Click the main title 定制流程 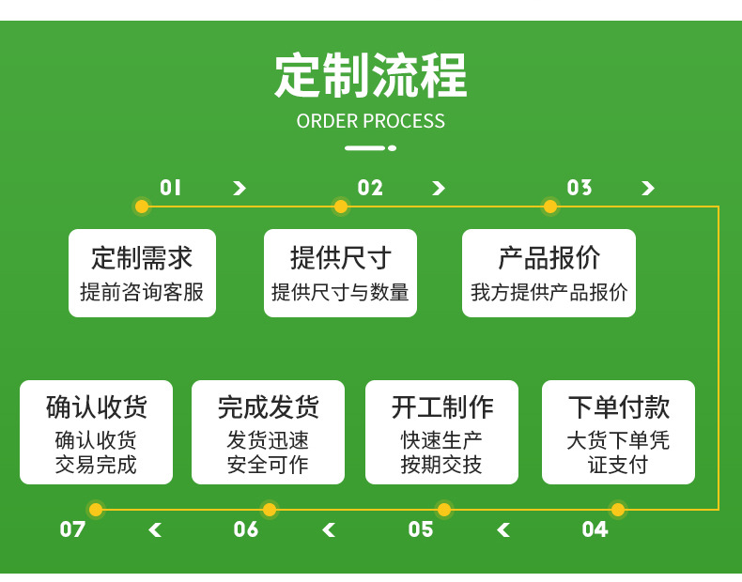coord(370,76)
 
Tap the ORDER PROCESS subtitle coord(370,121)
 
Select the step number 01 coord(170,188)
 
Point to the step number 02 coord(370,188)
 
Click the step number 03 coord(580,188)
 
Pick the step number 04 coord(595,529)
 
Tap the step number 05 coord(421,529)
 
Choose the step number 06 coord(246,529)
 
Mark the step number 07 coord(72,529)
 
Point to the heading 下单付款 coord(618,407)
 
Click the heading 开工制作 coord(441,407)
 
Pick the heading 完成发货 coord(268,407)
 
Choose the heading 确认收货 coord(96,407)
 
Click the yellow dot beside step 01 coord(142,207)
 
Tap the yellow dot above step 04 coord(618,510)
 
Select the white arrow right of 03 coord(647,189)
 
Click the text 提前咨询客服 coord(142,293)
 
